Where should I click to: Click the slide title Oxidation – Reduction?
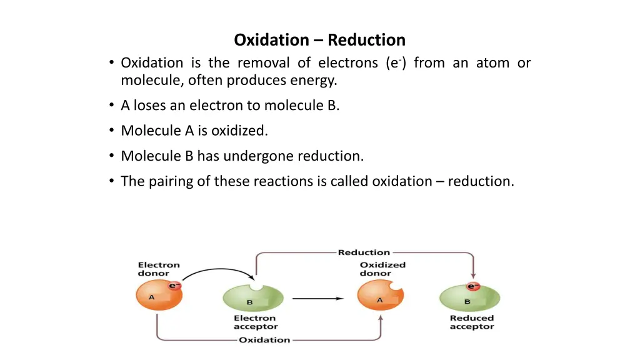point(319,40)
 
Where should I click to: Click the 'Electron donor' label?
point(159,269)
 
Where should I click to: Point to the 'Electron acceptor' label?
point(256,322)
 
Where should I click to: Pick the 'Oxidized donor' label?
point(382,269)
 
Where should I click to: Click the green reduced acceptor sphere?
point(470,299)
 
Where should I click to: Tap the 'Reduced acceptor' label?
point(471,322)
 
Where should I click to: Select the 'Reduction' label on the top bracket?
point(364,252)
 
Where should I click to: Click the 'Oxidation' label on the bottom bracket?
point(264,340)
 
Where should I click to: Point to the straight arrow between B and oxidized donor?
point(317,299)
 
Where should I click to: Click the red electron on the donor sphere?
point(174,286)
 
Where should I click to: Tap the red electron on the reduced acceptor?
point(473,286)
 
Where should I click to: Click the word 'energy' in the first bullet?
point(316,81)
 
